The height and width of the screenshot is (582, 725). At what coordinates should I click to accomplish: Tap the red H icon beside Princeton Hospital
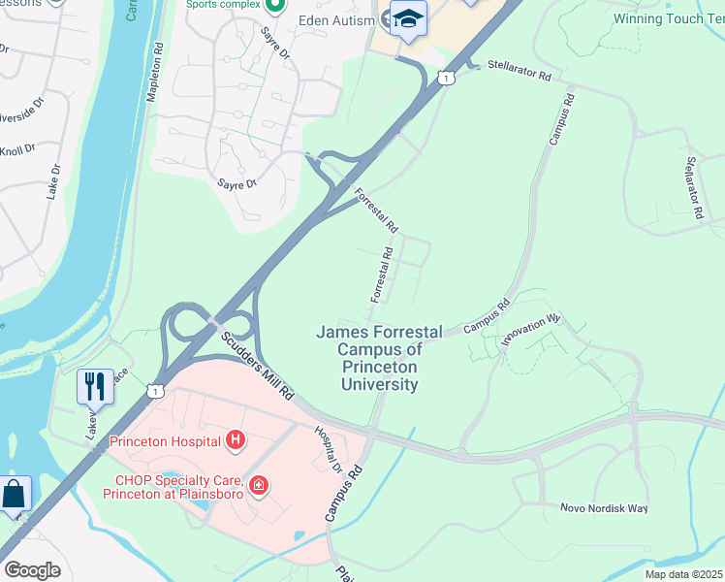pyautogui.click(x=235, y=442)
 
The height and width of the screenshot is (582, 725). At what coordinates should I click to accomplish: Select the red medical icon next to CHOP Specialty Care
pyautogui.click(x=258, y=485)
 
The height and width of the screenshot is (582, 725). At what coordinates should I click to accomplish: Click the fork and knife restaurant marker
pyautogui.click(x=94, y=386)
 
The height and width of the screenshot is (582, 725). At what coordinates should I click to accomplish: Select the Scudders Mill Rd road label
pyautogui.click(x=256, y=365)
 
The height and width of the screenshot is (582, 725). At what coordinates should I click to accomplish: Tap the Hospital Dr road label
pyautogui.click(x=328, y=449)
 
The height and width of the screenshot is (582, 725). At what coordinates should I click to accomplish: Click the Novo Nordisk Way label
pyautogui.click(x=603, y=508)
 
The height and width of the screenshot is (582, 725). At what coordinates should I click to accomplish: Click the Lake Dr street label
pyautogui.click(x=53, y=181)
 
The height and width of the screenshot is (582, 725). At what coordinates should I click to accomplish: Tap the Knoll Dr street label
pyautogui.click(x=16, y=150)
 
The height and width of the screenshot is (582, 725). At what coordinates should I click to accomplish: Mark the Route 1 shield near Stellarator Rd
pyautogui.click(x=445, y=76)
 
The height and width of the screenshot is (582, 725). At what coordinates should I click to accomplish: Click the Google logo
pyautogui.click(x=32, y=569)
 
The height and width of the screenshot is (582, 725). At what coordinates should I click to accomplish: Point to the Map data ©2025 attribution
pyautogui.click(x=683, y=574)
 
